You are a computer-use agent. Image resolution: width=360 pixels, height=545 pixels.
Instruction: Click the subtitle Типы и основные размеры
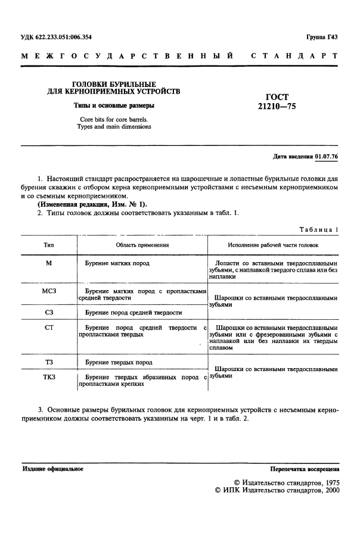point(114,105)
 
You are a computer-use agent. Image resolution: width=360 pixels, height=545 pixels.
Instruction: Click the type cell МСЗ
point(49,289)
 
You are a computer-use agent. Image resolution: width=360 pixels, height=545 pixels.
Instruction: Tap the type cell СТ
point(49,328)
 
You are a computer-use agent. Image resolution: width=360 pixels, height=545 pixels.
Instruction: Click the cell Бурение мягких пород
point(117,263)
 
